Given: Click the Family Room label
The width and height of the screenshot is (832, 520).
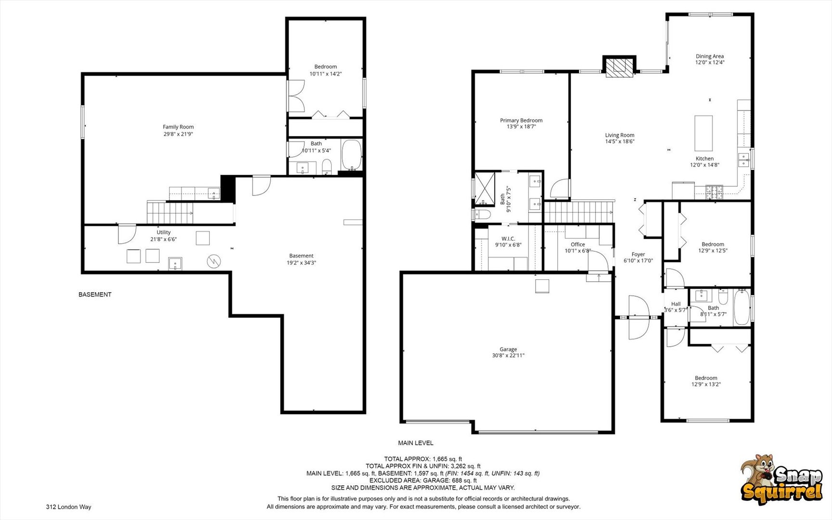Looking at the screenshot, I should (178, 127).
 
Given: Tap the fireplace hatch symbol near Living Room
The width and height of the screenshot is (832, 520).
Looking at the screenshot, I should (619, 68).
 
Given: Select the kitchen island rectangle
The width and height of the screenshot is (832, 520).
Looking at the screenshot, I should (703, 133).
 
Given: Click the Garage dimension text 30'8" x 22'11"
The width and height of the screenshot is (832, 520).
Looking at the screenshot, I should (508, 356).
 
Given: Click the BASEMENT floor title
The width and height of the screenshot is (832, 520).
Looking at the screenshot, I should (95, 295).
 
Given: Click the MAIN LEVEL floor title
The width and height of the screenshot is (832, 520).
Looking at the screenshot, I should (415, 443).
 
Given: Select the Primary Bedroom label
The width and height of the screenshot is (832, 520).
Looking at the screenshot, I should (521, 120).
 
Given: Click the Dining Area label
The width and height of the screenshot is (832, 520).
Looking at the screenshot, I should (709, 56).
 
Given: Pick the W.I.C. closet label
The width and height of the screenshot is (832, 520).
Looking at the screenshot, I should (508, 239).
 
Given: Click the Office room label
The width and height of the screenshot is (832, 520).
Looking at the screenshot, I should (577, 245).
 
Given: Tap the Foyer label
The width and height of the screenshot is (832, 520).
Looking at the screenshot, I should (638, 255).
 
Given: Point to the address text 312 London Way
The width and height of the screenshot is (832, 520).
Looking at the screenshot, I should (68, 507).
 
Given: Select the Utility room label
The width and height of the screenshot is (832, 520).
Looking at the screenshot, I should (163, 233).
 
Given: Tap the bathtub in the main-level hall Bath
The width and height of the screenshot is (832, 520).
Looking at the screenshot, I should (741, 307).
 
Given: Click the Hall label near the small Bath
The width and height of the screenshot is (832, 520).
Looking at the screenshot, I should (676, 304).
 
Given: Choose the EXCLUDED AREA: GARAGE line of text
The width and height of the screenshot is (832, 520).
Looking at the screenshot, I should (422, 481).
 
